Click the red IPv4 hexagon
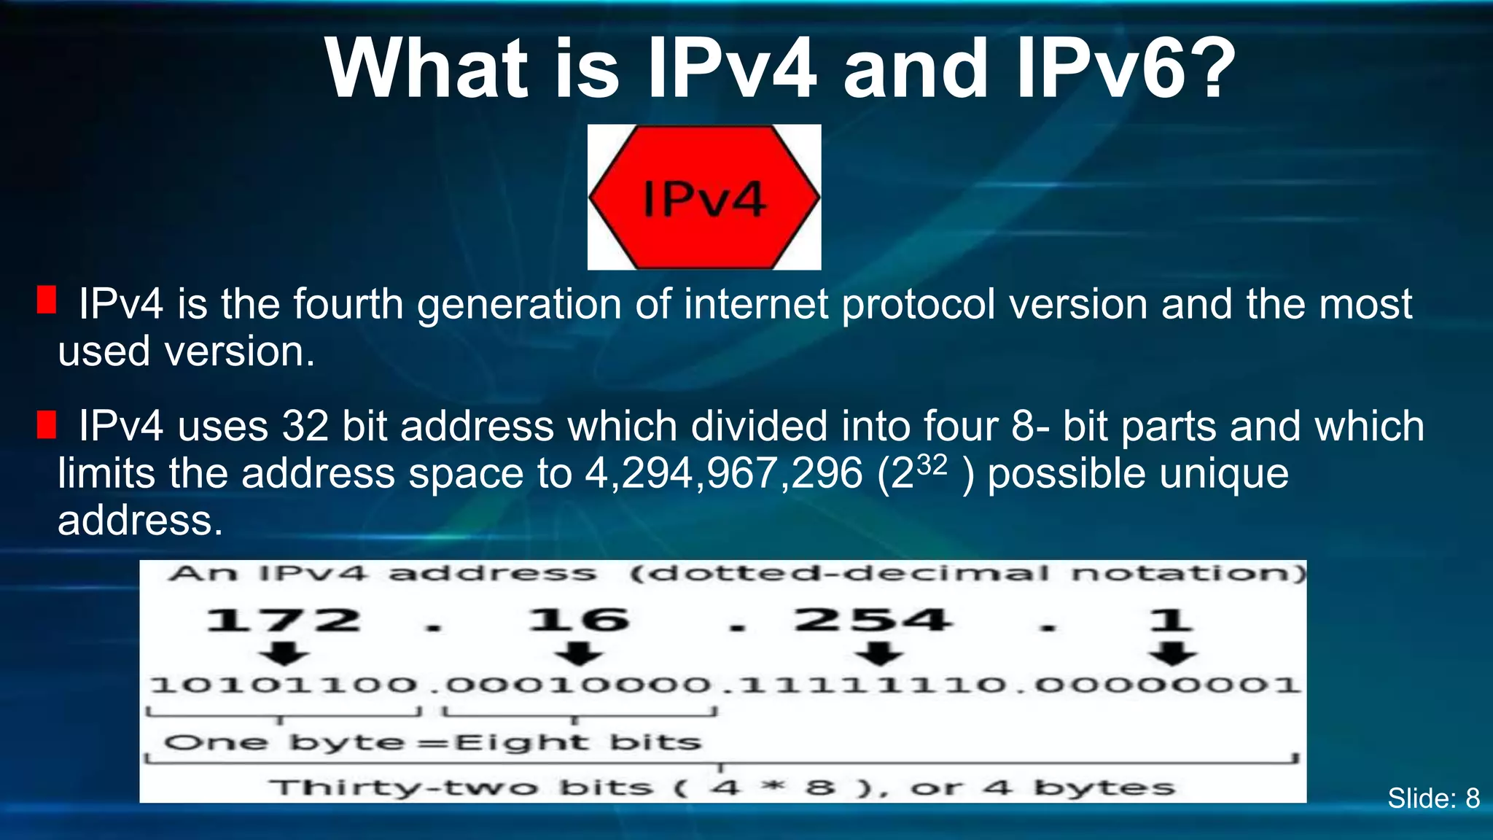[704, 197]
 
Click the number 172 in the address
[283, 621]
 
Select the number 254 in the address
[873, 621]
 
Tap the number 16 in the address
[579, 621]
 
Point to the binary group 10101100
[284, 685]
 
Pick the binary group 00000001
[1166, 685]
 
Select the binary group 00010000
[578, 685]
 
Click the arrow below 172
[284, 653]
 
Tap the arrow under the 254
[879, 653]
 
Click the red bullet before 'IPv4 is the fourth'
[47, 300]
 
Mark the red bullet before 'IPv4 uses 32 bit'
[47, 424]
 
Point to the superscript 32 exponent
[932, 464]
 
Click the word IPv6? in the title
[1126, 69]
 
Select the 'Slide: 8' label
[1433, 798]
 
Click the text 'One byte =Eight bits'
[432, 743]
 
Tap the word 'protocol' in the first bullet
[919, 304]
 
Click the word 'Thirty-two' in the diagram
[403, 788]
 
